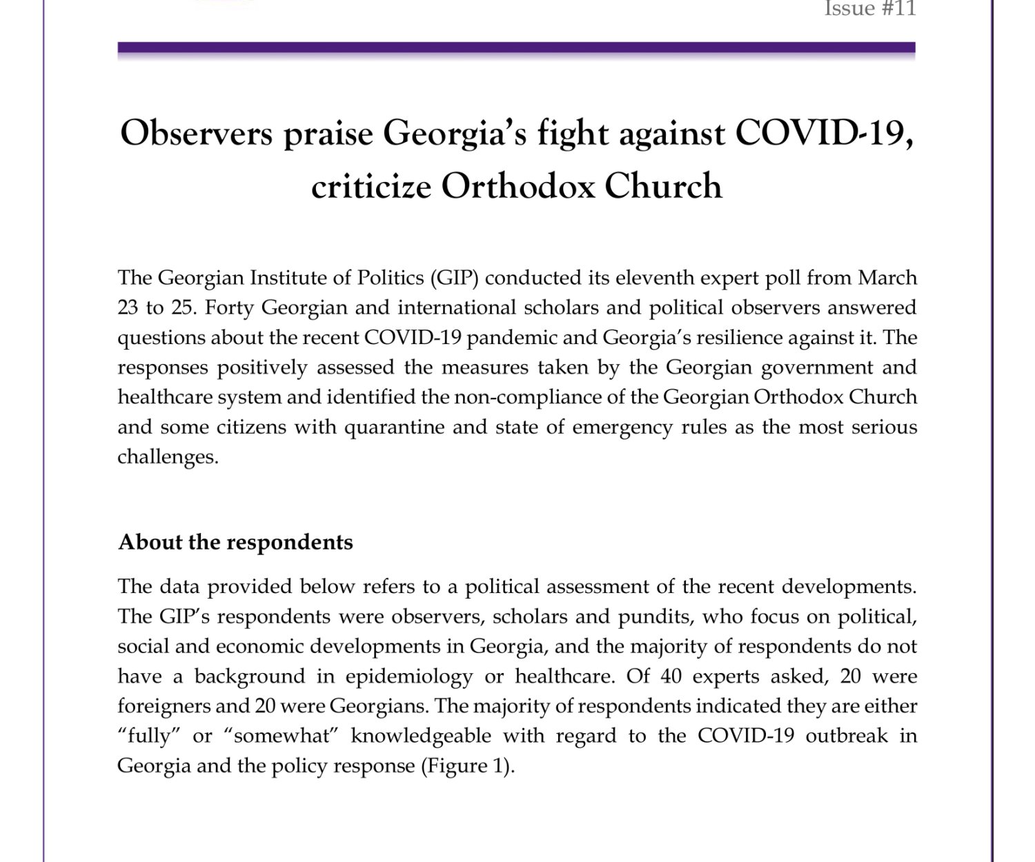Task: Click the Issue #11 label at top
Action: tap(869, 9)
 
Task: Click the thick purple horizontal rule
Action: tap(516, 48)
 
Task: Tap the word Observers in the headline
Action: tap(197, 133)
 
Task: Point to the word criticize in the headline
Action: tap(371, 186)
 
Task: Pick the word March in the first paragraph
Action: tap(887, 278)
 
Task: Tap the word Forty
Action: tap(230, 308)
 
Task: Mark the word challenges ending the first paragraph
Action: tap(167, 457)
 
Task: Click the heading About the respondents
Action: tap(235, 542)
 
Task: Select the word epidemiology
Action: tap(409, 676)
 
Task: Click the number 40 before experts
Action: tap(671, 676)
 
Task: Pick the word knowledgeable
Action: tap(421, 736)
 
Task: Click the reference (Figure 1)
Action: tap(468, 766)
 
